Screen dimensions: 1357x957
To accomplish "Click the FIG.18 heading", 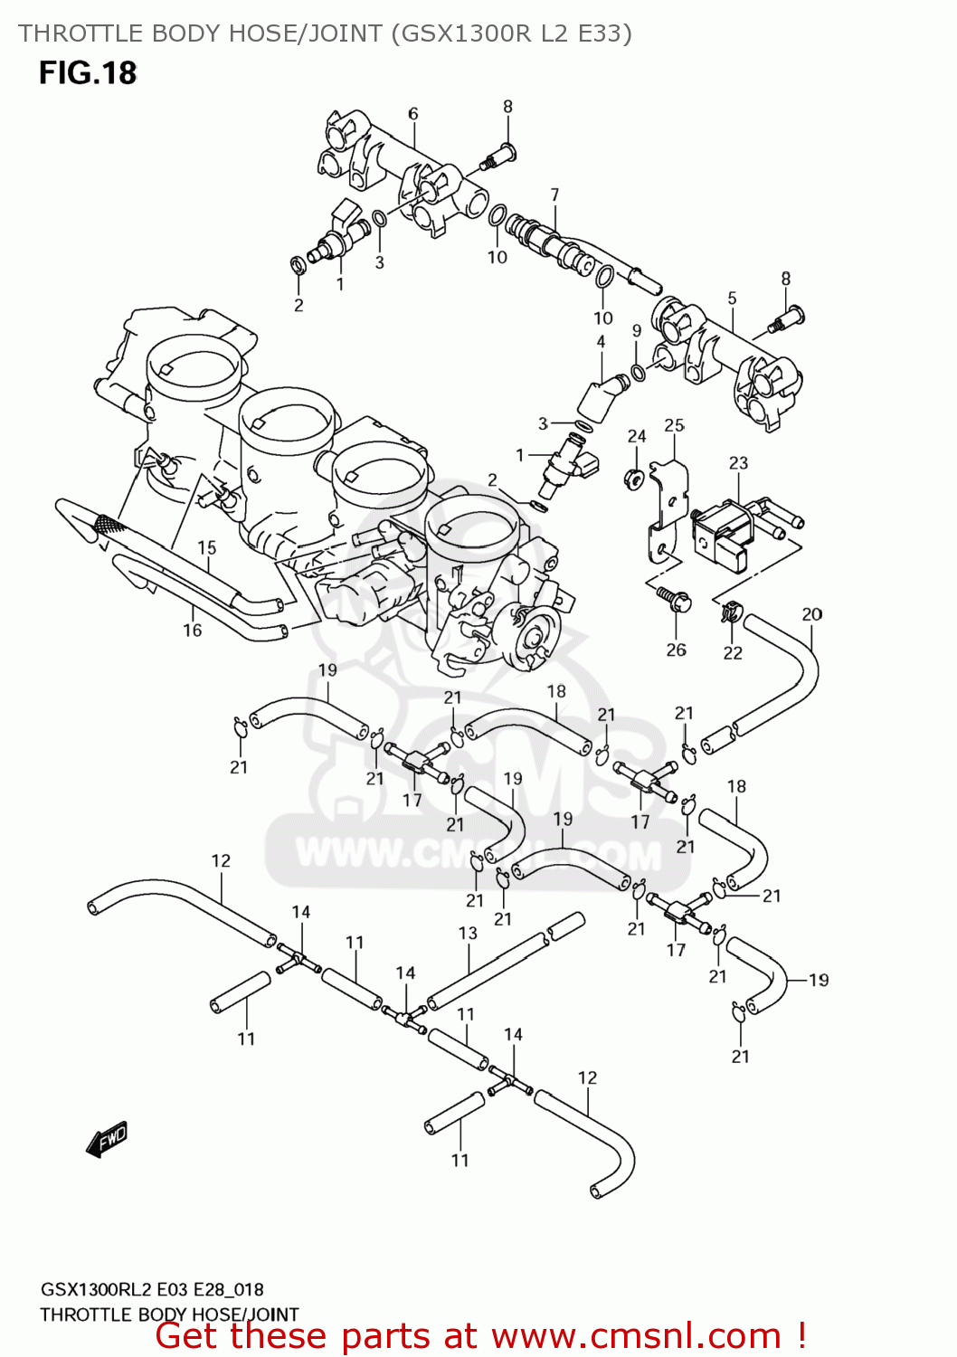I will point(87,73).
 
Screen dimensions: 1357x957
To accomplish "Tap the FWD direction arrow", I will point(107,1139).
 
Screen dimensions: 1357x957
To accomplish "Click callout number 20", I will point(811,614).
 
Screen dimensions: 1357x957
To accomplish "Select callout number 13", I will point(467,933).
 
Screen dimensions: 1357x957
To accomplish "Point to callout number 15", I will point(207,547).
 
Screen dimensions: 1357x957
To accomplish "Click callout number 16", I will point(192,630).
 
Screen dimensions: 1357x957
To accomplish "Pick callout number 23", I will point(738,463).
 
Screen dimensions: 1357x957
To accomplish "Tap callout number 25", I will point(674,425).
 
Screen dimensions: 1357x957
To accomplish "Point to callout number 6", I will point(412,113).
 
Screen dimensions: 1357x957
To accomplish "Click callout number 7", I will point(554,195).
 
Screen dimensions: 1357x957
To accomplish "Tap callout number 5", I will point(732,298).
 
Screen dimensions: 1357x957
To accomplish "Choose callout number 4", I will point(601,342).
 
